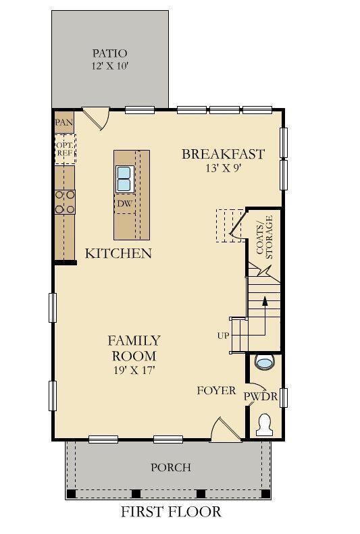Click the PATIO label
109,53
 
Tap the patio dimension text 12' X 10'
109,66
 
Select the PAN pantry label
64,122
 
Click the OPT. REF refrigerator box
65,149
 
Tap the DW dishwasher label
124,203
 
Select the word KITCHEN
118,254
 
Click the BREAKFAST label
223,154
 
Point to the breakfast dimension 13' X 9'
223,169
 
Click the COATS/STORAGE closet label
264,237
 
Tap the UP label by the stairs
223,336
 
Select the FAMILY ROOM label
134,348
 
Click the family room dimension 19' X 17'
134,369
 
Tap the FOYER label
216,391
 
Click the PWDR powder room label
261,396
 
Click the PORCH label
170,467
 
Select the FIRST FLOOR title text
171,512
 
